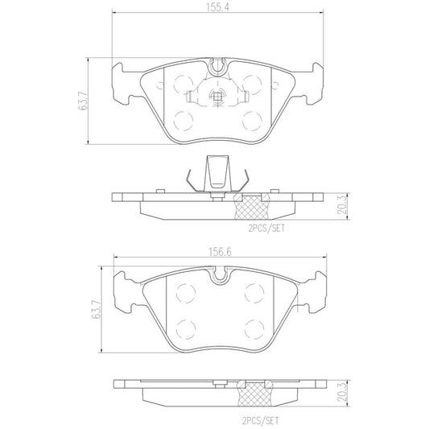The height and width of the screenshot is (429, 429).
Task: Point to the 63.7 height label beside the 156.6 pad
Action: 97,309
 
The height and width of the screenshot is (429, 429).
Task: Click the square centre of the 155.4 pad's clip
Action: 216,100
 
